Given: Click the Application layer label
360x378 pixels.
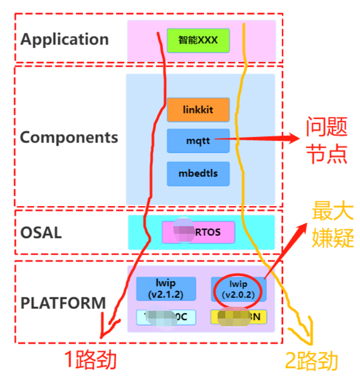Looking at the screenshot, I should tap(65, 39).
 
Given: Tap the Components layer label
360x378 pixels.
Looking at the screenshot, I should tap(69, 137).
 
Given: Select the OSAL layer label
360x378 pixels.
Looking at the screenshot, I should tap(41, 232).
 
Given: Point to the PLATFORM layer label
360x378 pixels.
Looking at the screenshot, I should tap(63, 303).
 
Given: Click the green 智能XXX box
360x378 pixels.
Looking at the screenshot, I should tap(198, 41).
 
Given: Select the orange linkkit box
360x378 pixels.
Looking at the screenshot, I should tap(198, 110).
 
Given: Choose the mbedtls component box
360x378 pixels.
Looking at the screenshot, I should tap(198, 173).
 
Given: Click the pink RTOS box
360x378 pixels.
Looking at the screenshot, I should tap(198, 232).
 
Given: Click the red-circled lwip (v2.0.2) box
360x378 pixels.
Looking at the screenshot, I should tap(239, 289).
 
